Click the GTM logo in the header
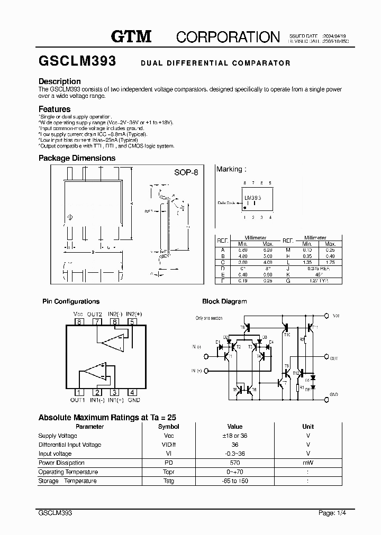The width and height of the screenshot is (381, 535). click(x=131, y=36)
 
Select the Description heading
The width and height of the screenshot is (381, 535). click(x=59, y=81)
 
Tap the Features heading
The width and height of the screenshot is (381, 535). click(x=55, y=109)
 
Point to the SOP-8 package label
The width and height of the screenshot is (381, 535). click(x=186, y=173)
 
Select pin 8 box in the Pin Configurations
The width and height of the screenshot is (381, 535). click(x=79, y=321)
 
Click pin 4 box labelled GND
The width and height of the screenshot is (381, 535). click(x=132, y=392)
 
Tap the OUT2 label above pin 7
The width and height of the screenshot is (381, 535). click(x=95, y=315)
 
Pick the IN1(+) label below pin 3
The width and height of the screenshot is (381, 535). click(x=113, y=400)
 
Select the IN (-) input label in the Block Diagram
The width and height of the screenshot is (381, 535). click(x=196, y=347)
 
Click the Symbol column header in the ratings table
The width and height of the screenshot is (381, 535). click(x=169, y=427)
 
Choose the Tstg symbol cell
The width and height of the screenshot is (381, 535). click(x=169, y=481)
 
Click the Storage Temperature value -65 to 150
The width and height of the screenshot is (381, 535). click(x=235, y=481)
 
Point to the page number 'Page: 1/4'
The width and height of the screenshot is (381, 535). click(x=333, y=513)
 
